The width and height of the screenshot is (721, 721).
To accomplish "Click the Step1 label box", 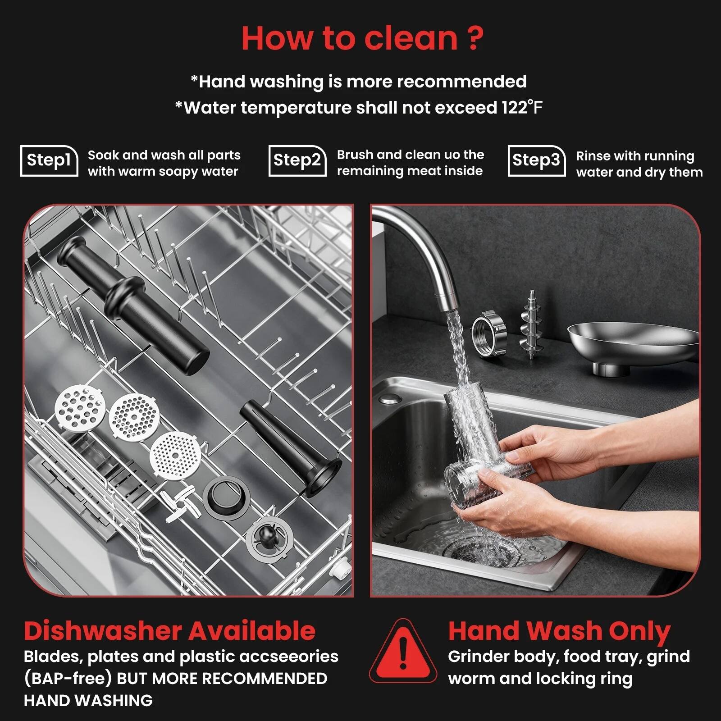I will tap(49, 160).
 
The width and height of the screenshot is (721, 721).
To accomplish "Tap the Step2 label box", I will tap(297, 160).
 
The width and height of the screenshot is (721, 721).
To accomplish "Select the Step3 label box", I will tap(536, 160).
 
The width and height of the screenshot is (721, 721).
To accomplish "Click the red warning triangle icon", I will tap(403, 652).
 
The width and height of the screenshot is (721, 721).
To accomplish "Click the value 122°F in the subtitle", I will tap(522, 108).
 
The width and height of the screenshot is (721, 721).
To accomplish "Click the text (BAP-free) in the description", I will tap(68, 678).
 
